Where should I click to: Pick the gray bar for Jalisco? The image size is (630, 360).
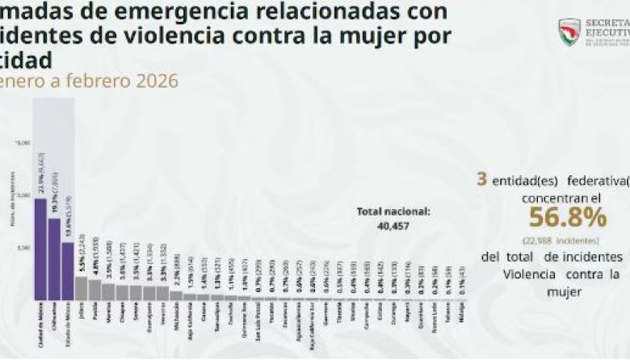click(x=82, y=288)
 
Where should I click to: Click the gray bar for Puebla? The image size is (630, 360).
click(x=95, y=290)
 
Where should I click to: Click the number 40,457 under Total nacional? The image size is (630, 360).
click(x=394, y=227)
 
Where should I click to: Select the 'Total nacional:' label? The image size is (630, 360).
click(x=394, y=211)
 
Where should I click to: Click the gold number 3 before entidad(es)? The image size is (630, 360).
click(x=482, y=178)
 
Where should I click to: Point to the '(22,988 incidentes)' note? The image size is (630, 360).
click(x=561, y=241)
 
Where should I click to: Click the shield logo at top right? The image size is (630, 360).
click(x=569, y=31)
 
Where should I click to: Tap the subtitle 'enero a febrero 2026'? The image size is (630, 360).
click(x=89, y=81)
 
